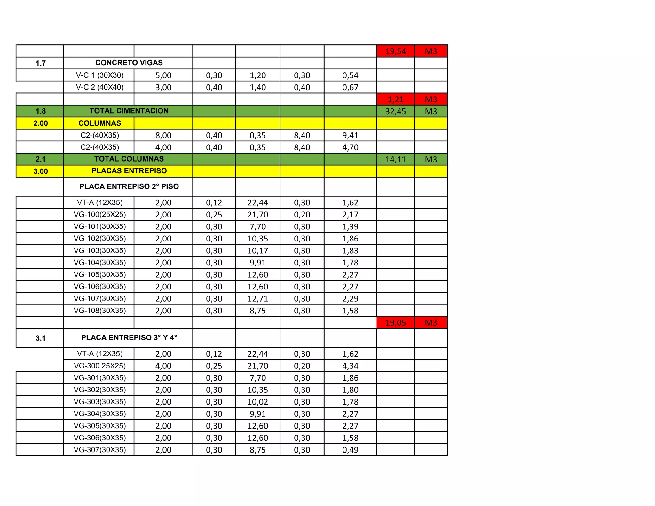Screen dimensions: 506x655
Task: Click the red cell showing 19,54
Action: click(395, 51)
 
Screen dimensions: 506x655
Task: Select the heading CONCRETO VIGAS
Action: click(129, 63)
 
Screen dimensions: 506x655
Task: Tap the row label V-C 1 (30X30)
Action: click(99, 75)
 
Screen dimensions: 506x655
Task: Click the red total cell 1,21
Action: click(395, 99)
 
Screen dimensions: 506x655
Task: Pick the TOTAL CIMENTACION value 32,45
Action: click(395, 112)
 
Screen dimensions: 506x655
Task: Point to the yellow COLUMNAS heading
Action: click(99, 123)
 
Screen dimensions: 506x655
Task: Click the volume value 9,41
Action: click(350, 136)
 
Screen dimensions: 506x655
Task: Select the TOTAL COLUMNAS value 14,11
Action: click(395, 160)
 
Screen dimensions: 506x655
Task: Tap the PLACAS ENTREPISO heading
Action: click(129, 171)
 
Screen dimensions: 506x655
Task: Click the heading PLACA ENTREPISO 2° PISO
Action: click(129, 186)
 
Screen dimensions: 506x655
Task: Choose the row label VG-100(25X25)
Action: click(99, 215)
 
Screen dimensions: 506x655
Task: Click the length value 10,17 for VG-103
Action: click(257, 251)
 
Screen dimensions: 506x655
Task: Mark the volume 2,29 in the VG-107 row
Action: click(350, 299)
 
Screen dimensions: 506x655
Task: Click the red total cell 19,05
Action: click(395, 323)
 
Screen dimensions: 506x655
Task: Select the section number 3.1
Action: click(40, 338)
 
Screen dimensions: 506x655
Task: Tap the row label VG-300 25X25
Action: click(99, 366)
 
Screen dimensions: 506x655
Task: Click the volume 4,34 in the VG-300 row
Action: click(350, 366)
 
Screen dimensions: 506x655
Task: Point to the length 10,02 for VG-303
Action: click(257, 402)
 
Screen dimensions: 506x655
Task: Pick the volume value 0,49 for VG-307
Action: click(350, 450)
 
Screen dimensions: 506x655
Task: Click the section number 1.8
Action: click(40, 112)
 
